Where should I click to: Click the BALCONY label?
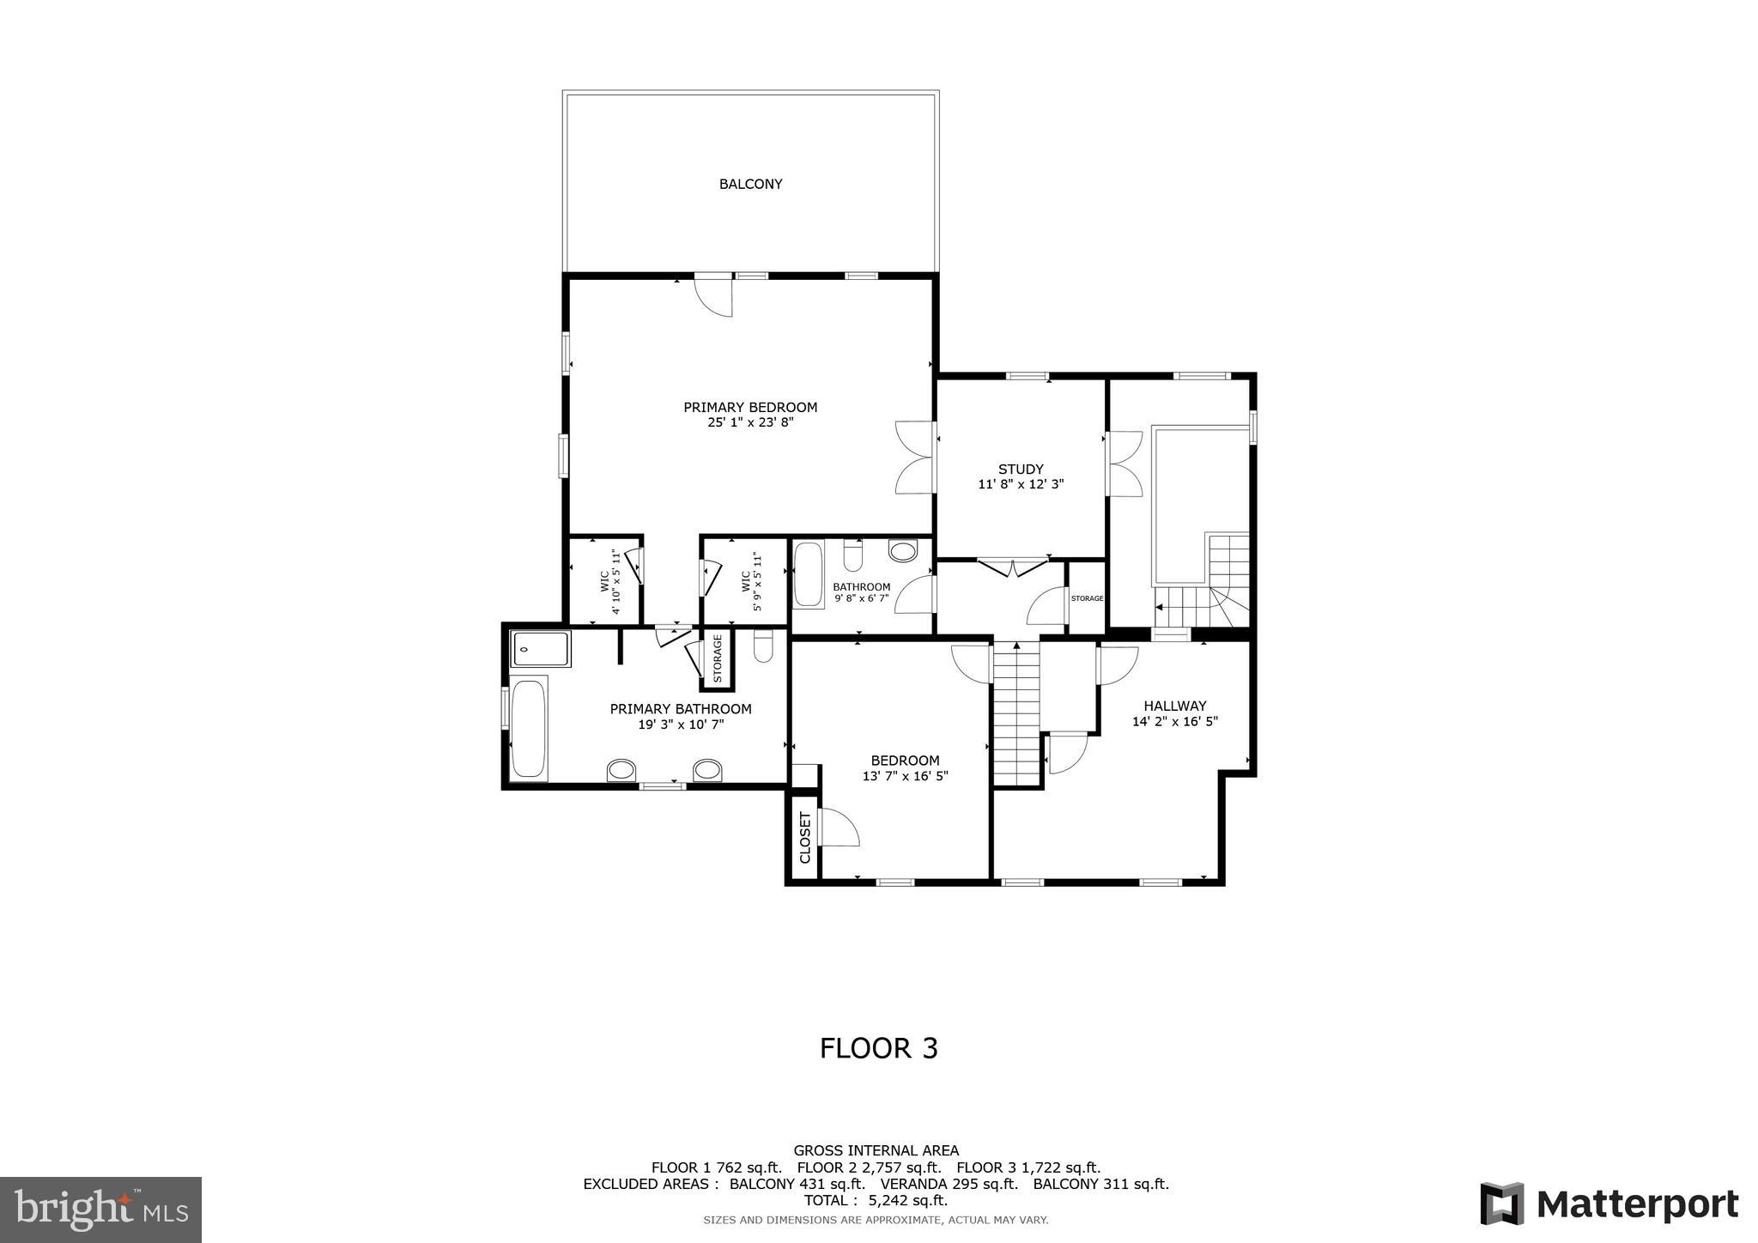point(750,184)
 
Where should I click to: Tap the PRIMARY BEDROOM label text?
point(750,407)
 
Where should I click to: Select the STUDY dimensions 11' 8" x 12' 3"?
point(1021,484)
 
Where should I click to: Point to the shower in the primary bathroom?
point(540,649)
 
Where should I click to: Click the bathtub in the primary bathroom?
point(528,728)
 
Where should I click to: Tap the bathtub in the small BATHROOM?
point(808,574)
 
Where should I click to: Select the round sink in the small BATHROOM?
point(902,551)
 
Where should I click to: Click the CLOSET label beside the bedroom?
point(805,837)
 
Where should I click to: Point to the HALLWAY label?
point(1174,706)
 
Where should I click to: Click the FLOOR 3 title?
point(878,1048)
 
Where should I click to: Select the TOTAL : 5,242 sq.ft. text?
point(876,1200)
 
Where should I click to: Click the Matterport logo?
point(1609,1204)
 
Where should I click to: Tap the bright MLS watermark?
point(101,1210)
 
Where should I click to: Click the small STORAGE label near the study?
point(1087,598)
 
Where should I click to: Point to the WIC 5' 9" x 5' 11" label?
point(752,581)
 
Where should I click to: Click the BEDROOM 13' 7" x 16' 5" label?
point(905,767)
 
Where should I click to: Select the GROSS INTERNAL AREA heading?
point(876,1150)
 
